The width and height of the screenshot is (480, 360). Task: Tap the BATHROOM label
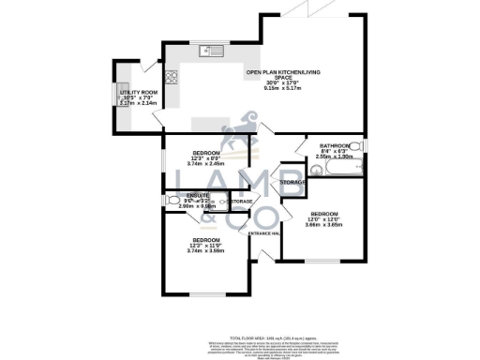click(x=335, y=146)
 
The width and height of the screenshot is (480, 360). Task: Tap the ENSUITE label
click(x=198, y=195)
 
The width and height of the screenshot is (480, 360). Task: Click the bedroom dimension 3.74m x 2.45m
click(x=206, y=163)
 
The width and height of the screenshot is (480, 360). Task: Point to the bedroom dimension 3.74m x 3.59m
click(x=206, y=250)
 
